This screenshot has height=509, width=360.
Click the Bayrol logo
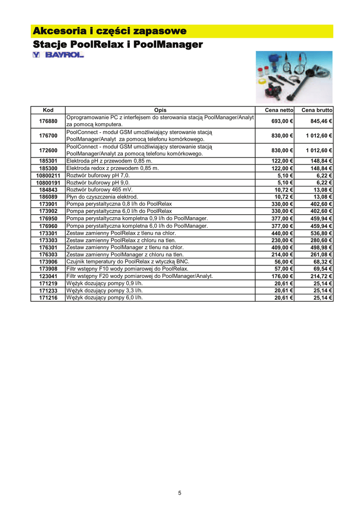(x=58, y=55)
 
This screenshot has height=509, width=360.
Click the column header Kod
(x=48, y=110)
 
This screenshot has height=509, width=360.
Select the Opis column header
(x=160, y=110)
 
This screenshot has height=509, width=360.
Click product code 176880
(x=48, y=121)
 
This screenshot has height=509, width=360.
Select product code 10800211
(x=48, y=175)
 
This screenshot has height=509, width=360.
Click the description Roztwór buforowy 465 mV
(x=100, y=189)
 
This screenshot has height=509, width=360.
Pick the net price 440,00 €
(x=282, y=233)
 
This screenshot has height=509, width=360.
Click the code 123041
(x=48, y=276)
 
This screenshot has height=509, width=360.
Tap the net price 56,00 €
(x=283, y=261)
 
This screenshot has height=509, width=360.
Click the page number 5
(x=180, y=493)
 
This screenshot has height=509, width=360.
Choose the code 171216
(x=48, y=297)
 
